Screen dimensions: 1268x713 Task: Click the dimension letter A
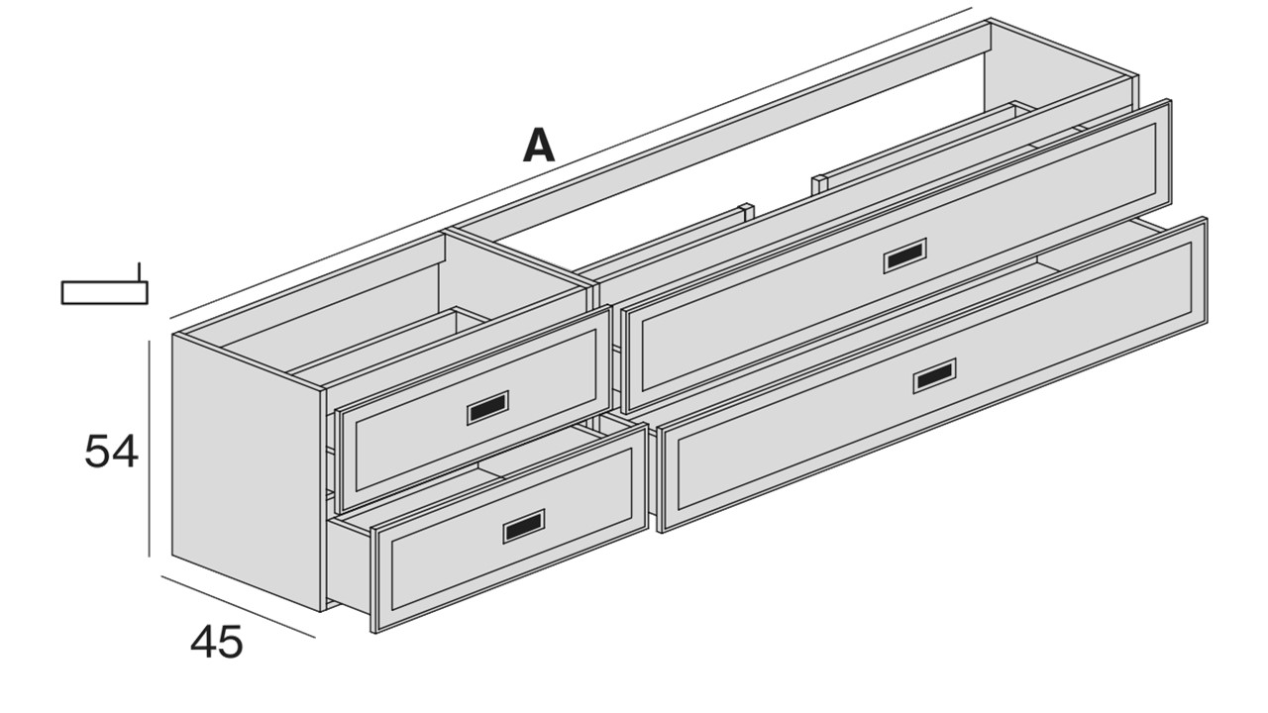(x=539, y=146)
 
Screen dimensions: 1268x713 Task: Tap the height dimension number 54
(x=111, y=451)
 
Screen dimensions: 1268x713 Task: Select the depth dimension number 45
(x=216, y=642)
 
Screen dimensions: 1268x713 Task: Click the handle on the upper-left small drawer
(x=487, y=407)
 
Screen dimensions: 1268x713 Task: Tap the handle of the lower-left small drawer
(x=524, y=526)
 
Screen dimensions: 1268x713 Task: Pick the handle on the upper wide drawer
(x=905, y=256)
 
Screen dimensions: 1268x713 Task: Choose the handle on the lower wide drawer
(x=934, y=375)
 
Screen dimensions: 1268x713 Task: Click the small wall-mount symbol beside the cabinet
(x=105, y=286)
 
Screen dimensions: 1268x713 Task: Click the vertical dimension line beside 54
(x=149, y=449)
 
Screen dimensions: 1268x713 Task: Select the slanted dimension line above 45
(x=239, y=607)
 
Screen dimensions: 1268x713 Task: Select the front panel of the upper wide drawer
(x=897, y=256)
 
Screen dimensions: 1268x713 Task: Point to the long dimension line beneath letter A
(x=572, y=164)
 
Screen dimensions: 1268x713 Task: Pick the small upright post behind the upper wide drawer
(x=819, y=185)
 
